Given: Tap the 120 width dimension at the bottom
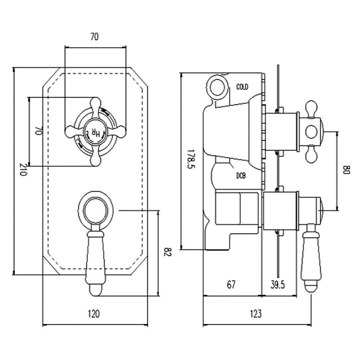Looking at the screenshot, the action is [x=94, y=314].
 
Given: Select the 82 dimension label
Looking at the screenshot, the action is [x=168, y=252].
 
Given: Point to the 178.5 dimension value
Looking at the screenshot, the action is [x=191, y=159].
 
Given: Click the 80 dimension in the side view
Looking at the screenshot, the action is [x=346, y=170].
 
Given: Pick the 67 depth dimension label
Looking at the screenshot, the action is [x=231, y=285].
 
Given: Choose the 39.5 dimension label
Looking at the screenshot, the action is [x=277, y=285].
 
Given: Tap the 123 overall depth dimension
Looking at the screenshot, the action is [x=256, y=314].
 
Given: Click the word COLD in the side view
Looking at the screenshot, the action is [x=242, y=87].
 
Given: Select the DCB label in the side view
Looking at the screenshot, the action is [x=241, y=176].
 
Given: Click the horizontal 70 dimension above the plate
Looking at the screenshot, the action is [x=94, y=37].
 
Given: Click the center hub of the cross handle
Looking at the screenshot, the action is [x=95, y=132].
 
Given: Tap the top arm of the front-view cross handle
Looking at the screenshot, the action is [x=95, y=106].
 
